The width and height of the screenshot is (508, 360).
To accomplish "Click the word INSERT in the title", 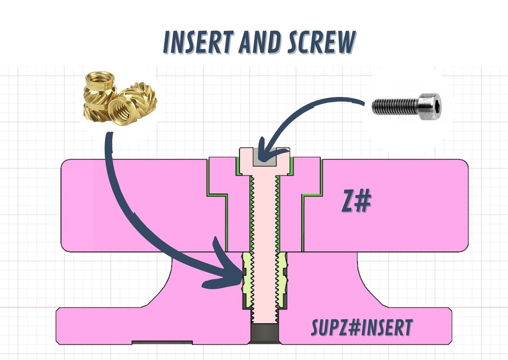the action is click(x=198, y=42).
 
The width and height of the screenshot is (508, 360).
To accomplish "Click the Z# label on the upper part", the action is click(x=356, y=201).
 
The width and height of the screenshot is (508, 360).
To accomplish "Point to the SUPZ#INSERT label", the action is click(x=362, y=328).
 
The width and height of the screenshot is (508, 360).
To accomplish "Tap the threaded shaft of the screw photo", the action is click(x=395, y=107).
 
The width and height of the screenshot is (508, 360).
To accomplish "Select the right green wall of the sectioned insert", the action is click(x=283, y=280).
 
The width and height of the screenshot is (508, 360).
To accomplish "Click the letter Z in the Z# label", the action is click(x=348, y=201).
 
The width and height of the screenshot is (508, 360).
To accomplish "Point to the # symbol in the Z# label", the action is click(x=364, y=201).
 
